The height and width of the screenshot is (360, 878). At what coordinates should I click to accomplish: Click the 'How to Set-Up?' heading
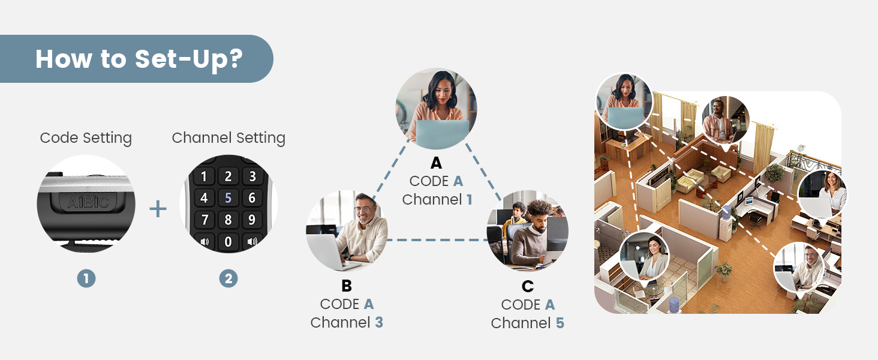pyautogui.click(x=139, y=59)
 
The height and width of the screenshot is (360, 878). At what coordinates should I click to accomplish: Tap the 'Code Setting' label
pyautogui.click(x=86, y=138)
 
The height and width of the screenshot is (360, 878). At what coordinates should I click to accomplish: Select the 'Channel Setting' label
pyautogui.click(x=228, y=138)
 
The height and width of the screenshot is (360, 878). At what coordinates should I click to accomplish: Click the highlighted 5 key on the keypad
pyautogui.click(x=228, y=198)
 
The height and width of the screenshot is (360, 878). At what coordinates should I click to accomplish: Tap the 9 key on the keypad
pyautogui.click(x=252, y=219)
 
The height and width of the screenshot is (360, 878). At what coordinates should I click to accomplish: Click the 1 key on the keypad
pyautogui.click(x=205, y=176)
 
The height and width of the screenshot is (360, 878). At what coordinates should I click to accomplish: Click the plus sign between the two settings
pyautogui.click(x=158, y=209)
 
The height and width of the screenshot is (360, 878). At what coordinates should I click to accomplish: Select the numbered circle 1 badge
pyautogui.click(x=86, y=278)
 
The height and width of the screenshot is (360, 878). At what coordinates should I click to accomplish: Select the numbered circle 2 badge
pyautogui.click(x=228, y=278)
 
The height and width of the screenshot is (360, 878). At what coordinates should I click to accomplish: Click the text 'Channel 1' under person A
pyautogui.click(x=437, y=200)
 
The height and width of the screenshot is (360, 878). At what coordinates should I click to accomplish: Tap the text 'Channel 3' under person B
pyautogui.click(x=347, y=322)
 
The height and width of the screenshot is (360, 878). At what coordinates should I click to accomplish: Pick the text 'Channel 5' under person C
pyautogui.click(x=527, y=323)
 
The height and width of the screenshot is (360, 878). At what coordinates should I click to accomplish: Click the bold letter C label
pyautogui.click(x=528, y=286)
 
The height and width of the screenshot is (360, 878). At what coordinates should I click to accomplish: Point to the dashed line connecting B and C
pyautogui.click(x=437, y=240)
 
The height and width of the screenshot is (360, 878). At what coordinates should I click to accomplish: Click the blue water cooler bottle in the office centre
pyautogui.click(x=727, y=211)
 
